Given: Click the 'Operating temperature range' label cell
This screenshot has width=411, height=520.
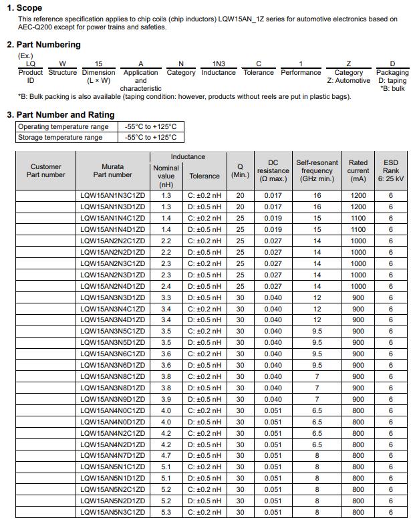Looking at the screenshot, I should point(63,126).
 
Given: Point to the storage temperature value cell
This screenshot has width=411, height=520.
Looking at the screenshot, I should point(150,138).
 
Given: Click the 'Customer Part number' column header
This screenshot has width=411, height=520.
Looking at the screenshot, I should point(45,171).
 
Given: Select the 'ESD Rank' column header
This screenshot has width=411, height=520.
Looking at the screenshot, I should point(391,171).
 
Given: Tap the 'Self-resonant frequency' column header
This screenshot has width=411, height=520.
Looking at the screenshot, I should point(317,171).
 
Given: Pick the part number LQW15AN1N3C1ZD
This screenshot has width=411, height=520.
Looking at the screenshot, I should point(112,196).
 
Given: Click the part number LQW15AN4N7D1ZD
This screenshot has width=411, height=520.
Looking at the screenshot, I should point(112,456).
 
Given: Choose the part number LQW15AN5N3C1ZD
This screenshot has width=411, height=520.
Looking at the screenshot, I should point(112,513).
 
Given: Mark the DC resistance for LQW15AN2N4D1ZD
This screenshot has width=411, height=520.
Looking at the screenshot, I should point(273,286).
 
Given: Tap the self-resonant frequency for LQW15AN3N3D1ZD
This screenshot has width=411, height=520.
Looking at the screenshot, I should point(317,297).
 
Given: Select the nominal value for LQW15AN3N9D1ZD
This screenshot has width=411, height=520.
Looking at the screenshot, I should point(166,400).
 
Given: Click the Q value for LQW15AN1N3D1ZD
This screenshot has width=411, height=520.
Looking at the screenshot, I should point(240,207).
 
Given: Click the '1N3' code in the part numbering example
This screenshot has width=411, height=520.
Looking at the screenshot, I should point(219,63).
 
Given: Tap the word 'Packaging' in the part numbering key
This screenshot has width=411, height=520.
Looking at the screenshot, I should point(392,72).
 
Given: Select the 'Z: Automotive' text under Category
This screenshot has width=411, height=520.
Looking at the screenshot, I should point(348,80).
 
